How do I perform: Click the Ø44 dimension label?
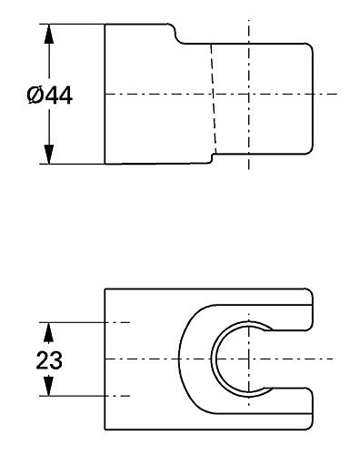pos(50,96)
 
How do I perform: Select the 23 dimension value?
pos(49,360)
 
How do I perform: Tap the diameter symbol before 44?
pos(35,96)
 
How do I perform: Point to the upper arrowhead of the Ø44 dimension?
pos(49,34)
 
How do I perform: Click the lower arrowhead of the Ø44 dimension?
pos(49,154)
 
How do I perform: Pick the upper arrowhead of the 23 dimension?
pos(48,332)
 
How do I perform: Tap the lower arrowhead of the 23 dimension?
pos(48,386)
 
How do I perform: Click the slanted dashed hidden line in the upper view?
pos(213,99)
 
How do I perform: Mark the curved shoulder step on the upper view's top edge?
pos(176,34)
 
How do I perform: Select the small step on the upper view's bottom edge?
pos(212,158)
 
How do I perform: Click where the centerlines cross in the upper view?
pos(248,94)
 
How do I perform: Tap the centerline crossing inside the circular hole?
pos(248,359)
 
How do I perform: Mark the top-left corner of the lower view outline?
pos(105,289)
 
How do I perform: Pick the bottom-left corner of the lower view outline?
pos(105,430)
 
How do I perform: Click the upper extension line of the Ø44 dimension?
pos(72,24)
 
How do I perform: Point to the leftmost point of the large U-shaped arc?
pos(179,359)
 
